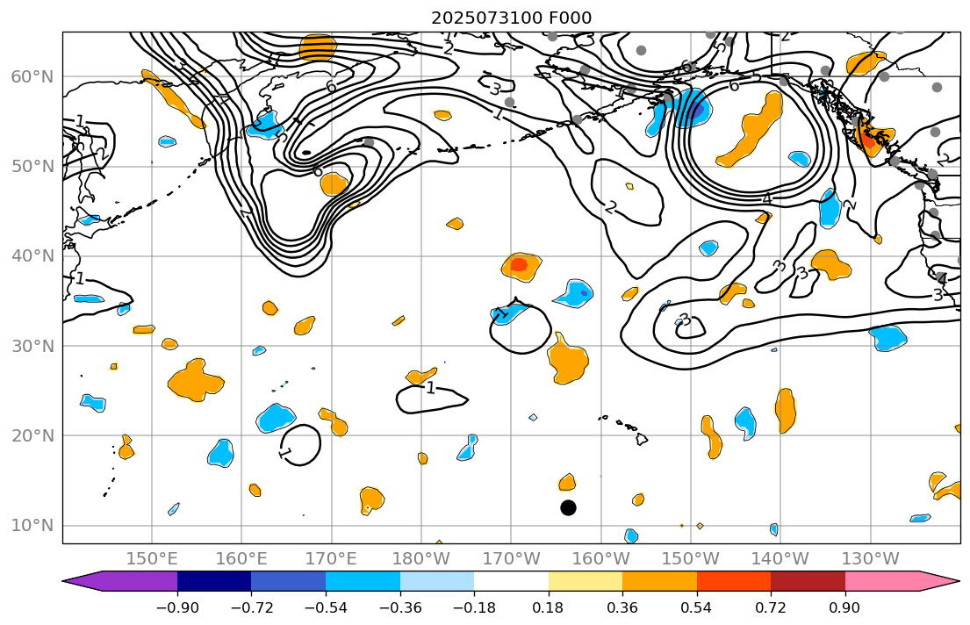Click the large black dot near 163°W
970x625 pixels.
[x=568, y=507]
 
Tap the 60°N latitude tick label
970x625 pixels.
[x=32, y=76]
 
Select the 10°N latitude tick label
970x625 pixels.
[x=32, y=526]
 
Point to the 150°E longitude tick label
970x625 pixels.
[x=152, y=559]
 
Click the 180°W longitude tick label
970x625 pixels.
[x=421, y=559]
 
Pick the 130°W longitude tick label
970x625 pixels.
[x=870, y=559]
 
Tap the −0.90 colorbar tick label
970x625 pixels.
[x=177, y=607]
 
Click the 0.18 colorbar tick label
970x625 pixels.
[x=549, y=607]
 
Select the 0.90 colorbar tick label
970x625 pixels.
[x=845, y=607]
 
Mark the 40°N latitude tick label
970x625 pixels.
[x=32, y=256]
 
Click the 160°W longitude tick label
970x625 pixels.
[x=601, y=559]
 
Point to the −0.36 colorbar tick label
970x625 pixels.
[x=400, y=607]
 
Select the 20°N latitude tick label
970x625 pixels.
[x=32, y=436]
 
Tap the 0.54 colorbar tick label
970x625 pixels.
[x=697, y=607]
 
